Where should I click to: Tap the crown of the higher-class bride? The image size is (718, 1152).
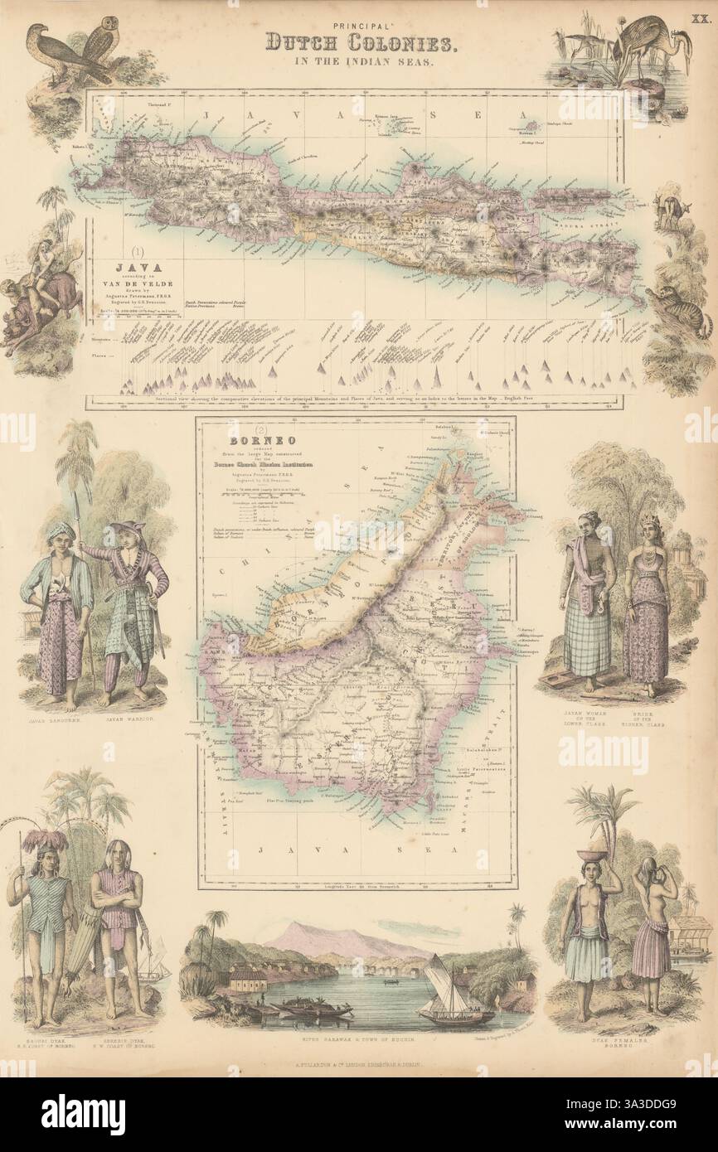[646, 518]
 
